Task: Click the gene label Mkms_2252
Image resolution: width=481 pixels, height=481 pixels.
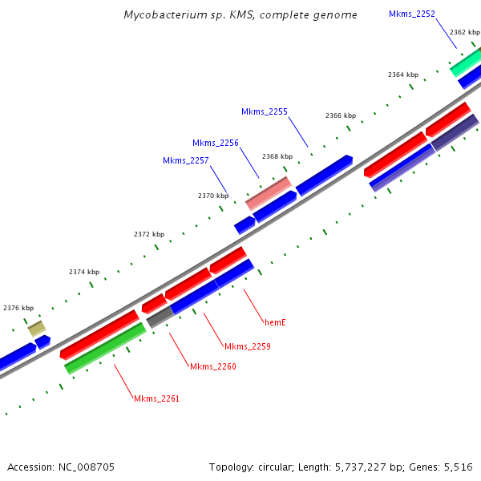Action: [412, 14]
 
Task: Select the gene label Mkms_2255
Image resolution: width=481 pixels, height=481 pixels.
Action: [265, 111]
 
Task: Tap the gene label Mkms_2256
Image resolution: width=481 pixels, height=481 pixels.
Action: [216, 143]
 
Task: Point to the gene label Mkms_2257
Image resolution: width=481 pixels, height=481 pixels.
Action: [186, 160]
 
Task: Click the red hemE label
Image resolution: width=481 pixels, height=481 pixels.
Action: [275, 322]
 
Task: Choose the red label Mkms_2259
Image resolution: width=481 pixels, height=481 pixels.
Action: [248, 346]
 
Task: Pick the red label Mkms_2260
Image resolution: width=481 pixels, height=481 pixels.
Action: [213, 366]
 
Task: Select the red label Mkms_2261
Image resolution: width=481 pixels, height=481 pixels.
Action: [157, 398]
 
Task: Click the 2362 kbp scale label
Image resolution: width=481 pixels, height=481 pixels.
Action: [464, 32]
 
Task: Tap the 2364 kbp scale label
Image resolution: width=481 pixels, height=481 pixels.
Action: [403, 75]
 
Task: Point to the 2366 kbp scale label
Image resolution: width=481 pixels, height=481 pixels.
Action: [341, 115]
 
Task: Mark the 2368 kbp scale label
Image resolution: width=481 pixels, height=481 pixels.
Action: [277, 156]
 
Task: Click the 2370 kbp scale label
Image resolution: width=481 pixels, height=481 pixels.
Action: [213, 196]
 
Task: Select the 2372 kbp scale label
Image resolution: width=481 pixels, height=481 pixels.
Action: [149, 234]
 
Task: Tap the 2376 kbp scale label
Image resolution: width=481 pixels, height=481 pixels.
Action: [18, 308]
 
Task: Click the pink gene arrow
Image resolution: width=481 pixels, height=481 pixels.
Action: [268, 194]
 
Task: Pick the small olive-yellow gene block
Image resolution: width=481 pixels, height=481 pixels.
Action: [37, 328]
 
